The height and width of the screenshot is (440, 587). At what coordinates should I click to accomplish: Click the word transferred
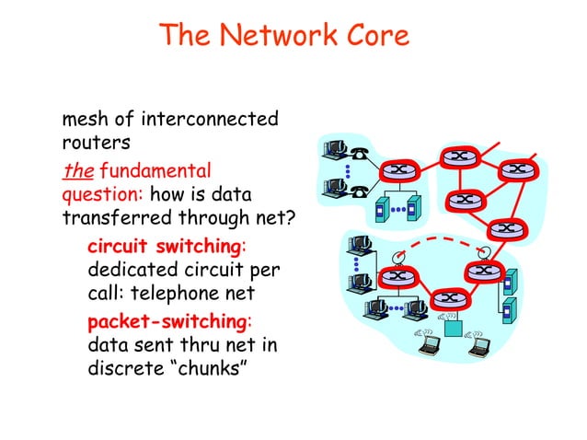coord(118,219)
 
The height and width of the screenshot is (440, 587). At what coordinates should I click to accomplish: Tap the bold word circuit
coord(119,248)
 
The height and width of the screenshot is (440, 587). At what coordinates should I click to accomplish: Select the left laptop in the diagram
coord(430,345)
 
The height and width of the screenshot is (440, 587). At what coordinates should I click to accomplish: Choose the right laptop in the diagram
coord(480,345)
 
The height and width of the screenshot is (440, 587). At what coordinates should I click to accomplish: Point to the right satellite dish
coord(481,251)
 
